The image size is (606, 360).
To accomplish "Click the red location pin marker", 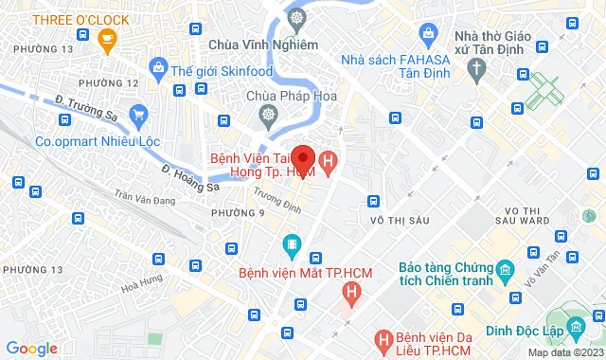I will click(x=303, y=157).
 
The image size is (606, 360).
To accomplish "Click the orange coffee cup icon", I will click(x=107, y=40).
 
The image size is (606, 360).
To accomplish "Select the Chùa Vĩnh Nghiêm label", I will click(x=248, y=44).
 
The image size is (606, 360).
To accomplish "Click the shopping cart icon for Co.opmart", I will click(x=139, y=117).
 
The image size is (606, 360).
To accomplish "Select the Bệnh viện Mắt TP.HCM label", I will click(x=292, y=273).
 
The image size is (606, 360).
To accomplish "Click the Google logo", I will click(x=31, y=349).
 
